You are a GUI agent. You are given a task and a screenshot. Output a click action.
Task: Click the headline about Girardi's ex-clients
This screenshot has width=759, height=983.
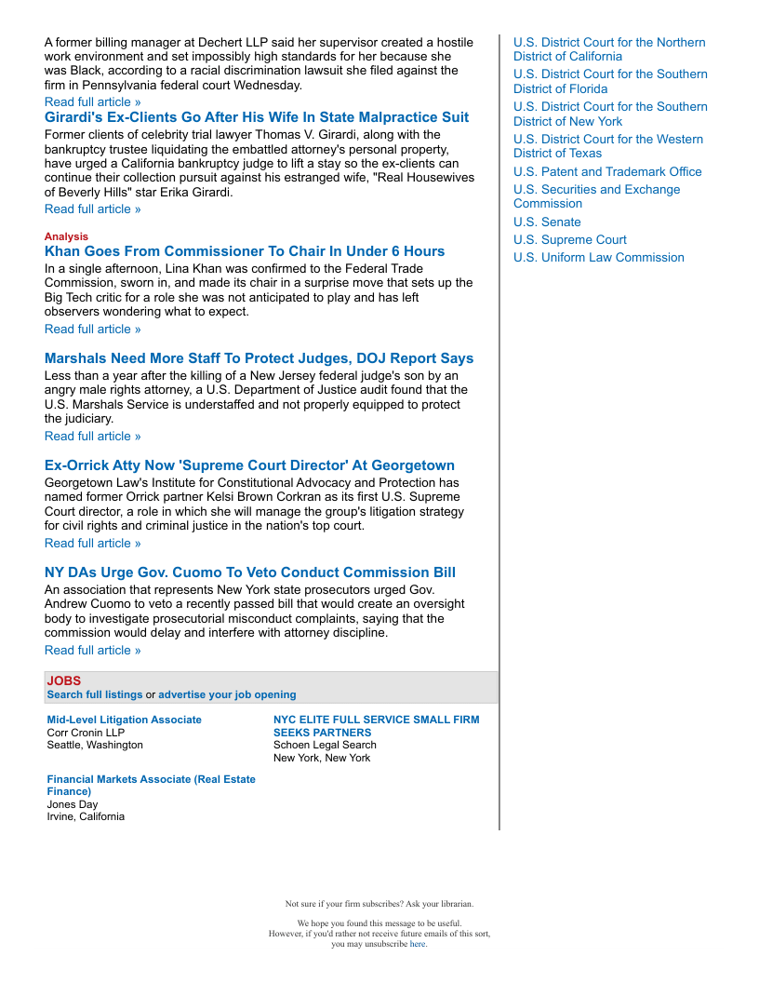click(x=257, y=117)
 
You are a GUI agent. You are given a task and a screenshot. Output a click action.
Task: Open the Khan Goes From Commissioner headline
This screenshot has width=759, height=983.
click(x=245, y=251)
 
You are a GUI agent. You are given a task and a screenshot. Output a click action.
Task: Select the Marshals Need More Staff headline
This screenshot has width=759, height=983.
click(x=259, y=358)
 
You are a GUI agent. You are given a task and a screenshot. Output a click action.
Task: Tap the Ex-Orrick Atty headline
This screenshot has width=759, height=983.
click(x=249, y=465)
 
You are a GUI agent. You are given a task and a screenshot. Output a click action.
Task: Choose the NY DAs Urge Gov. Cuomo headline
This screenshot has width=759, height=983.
click(x=250, y=572)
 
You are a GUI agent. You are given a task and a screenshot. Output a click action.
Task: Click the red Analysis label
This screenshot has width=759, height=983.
click(x=66, y=236)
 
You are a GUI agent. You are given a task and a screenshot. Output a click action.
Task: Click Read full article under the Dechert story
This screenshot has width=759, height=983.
click(x=93, y=101)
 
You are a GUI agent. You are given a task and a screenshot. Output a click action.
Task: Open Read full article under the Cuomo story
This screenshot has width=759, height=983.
click(x=93, y=650)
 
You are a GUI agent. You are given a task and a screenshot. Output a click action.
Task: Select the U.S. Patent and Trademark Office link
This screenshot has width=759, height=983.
click(x=607, y=171)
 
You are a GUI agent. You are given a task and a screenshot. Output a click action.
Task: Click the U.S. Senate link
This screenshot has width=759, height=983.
click(x=547, y=222)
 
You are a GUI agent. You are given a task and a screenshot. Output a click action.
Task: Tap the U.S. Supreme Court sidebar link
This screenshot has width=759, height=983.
click(x=570, y=239)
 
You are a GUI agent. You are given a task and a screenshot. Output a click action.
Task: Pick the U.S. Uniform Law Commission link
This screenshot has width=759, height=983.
click(x=598, y=257)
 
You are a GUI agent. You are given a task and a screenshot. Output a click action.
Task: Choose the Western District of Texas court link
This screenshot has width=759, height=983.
click(x=608, y=146)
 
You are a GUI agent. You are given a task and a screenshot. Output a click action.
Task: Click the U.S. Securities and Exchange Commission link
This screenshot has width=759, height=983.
click(x=596, y=196)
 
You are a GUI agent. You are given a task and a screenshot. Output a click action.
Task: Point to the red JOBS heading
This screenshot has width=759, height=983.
click(x=64, y=680)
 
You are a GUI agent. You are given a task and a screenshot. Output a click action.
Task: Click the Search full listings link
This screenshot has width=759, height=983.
click(x=95, y=694)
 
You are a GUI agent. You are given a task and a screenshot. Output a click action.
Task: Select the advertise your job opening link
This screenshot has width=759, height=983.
click(x=227, y=694)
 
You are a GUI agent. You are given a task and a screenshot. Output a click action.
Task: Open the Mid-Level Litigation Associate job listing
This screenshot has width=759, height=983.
click(x=124, y=720)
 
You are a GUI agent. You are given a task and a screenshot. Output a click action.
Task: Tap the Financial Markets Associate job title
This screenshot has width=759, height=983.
click(x=151, y=785)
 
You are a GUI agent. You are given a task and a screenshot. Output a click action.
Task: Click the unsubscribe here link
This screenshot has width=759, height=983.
click(x=418, y=943)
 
